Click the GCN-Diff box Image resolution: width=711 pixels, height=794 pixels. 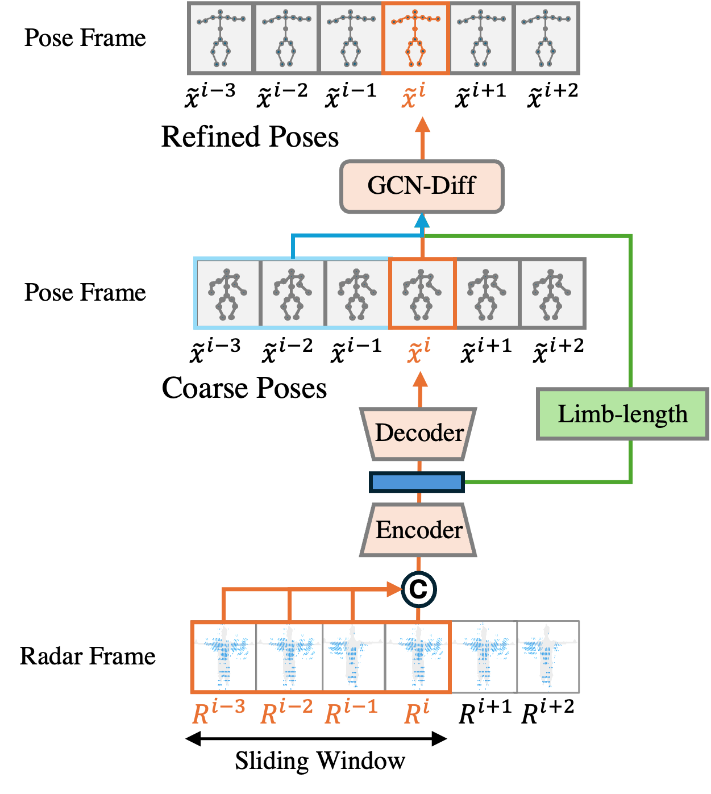[x=422, y=186]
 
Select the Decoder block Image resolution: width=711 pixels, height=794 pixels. [x=419, y=433]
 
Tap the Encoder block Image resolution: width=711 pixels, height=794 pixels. [x=419, y=530]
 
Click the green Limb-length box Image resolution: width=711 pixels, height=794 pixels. [x=622, y=414]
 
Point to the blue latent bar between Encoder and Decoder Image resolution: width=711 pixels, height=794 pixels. [x=417, y=482]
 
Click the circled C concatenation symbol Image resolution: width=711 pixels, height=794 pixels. [x=419, y=589]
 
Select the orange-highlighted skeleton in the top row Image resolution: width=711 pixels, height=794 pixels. [x=416, y=38]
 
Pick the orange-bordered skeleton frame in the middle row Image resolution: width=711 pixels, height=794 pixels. [x=422, y=293]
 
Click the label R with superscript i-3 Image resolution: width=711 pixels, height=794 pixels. [x=219, y=713]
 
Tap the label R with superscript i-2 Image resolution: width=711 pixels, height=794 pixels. [x=286, y=713]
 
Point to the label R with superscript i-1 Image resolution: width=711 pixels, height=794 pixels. [x=351, y=713]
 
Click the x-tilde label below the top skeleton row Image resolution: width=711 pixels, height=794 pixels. [x=414, y=95]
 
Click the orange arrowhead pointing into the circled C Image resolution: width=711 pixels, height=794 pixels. [x=394, y=589]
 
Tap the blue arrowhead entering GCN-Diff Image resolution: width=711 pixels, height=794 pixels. [x=422, y=221]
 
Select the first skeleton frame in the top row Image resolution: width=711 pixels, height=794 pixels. [x=221, y=38]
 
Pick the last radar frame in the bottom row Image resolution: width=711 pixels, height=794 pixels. [x=548, y=656]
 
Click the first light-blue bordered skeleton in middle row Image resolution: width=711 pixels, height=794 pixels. [x=227, y=293]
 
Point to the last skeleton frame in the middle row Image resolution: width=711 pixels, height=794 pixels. [x=552, y=293]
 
